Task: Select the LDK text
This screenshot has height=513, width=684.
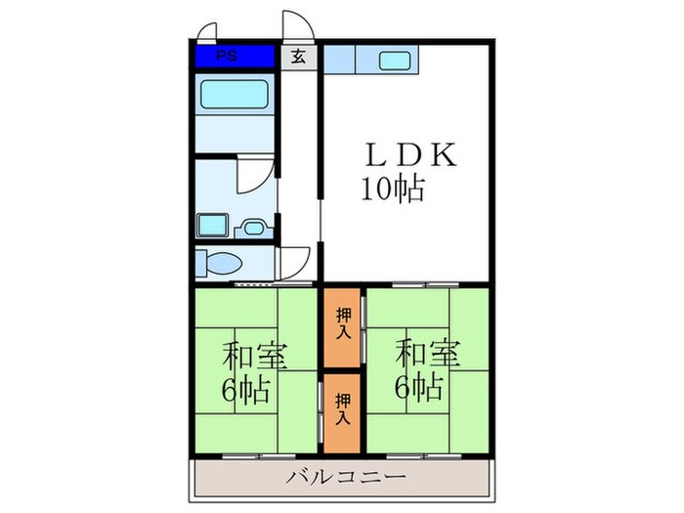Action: pos(410,155)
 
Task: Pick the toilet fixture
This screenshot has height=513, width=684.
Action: pos(221,264)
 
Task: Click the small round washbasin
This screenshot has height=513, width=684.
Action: pos(254,229)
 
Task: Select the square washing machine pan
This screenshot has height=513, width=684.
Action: pos(210,225)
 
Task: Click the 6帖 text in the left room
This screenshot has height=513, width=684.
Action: pos(243,391)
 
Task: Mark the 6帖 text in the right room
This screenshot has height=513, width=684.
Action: pos(418,387)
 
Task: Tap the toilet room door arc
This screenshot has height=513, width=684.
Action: pos(292,260)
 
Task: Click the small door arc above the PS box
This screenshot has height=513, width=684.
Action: pos(205,31)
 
